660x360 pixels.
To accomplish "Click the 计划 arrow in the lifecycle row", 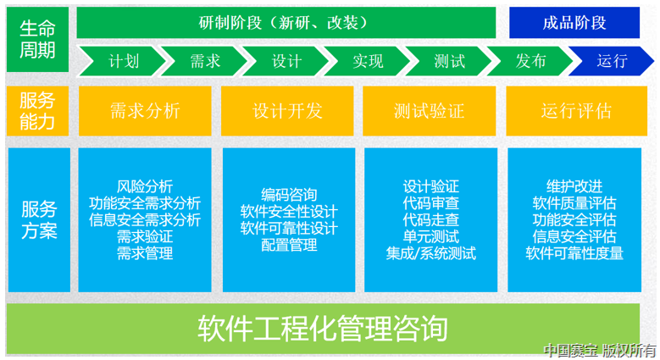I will [x=123, y=61].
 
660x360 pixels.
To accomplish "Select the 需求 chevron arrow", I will [x=204, y=61].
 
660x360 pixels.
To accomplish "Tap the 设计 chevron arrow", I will [x=286, y=61].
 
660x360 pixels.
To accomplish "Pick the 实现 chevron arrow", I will [x=368, y=61].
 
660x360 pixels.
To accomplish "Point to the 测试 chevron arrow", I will [x=449, y=61].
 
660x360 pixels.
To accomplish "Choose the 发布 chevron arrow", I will [x=530, y=61].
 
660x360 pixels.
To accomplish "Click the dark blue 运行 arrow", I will [x=612, y=61].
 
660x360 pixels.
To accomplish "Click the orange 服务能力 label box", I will [x=36, y=110].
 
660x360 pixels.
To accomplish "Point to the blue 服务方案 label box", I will [x=36, y=219].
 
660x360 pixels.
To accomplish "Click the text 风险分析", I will [x=145, y=186].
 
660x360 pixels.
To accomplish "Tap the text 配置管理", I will [x=288, y=245].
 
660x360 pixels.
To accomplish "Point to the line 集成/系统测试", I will [x=430, y=252].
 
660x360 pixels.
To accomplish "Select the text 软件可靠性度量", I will [x=574, y=252].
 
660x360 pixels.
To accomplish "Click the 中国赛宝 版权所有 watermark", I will [x=600, y=350].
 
